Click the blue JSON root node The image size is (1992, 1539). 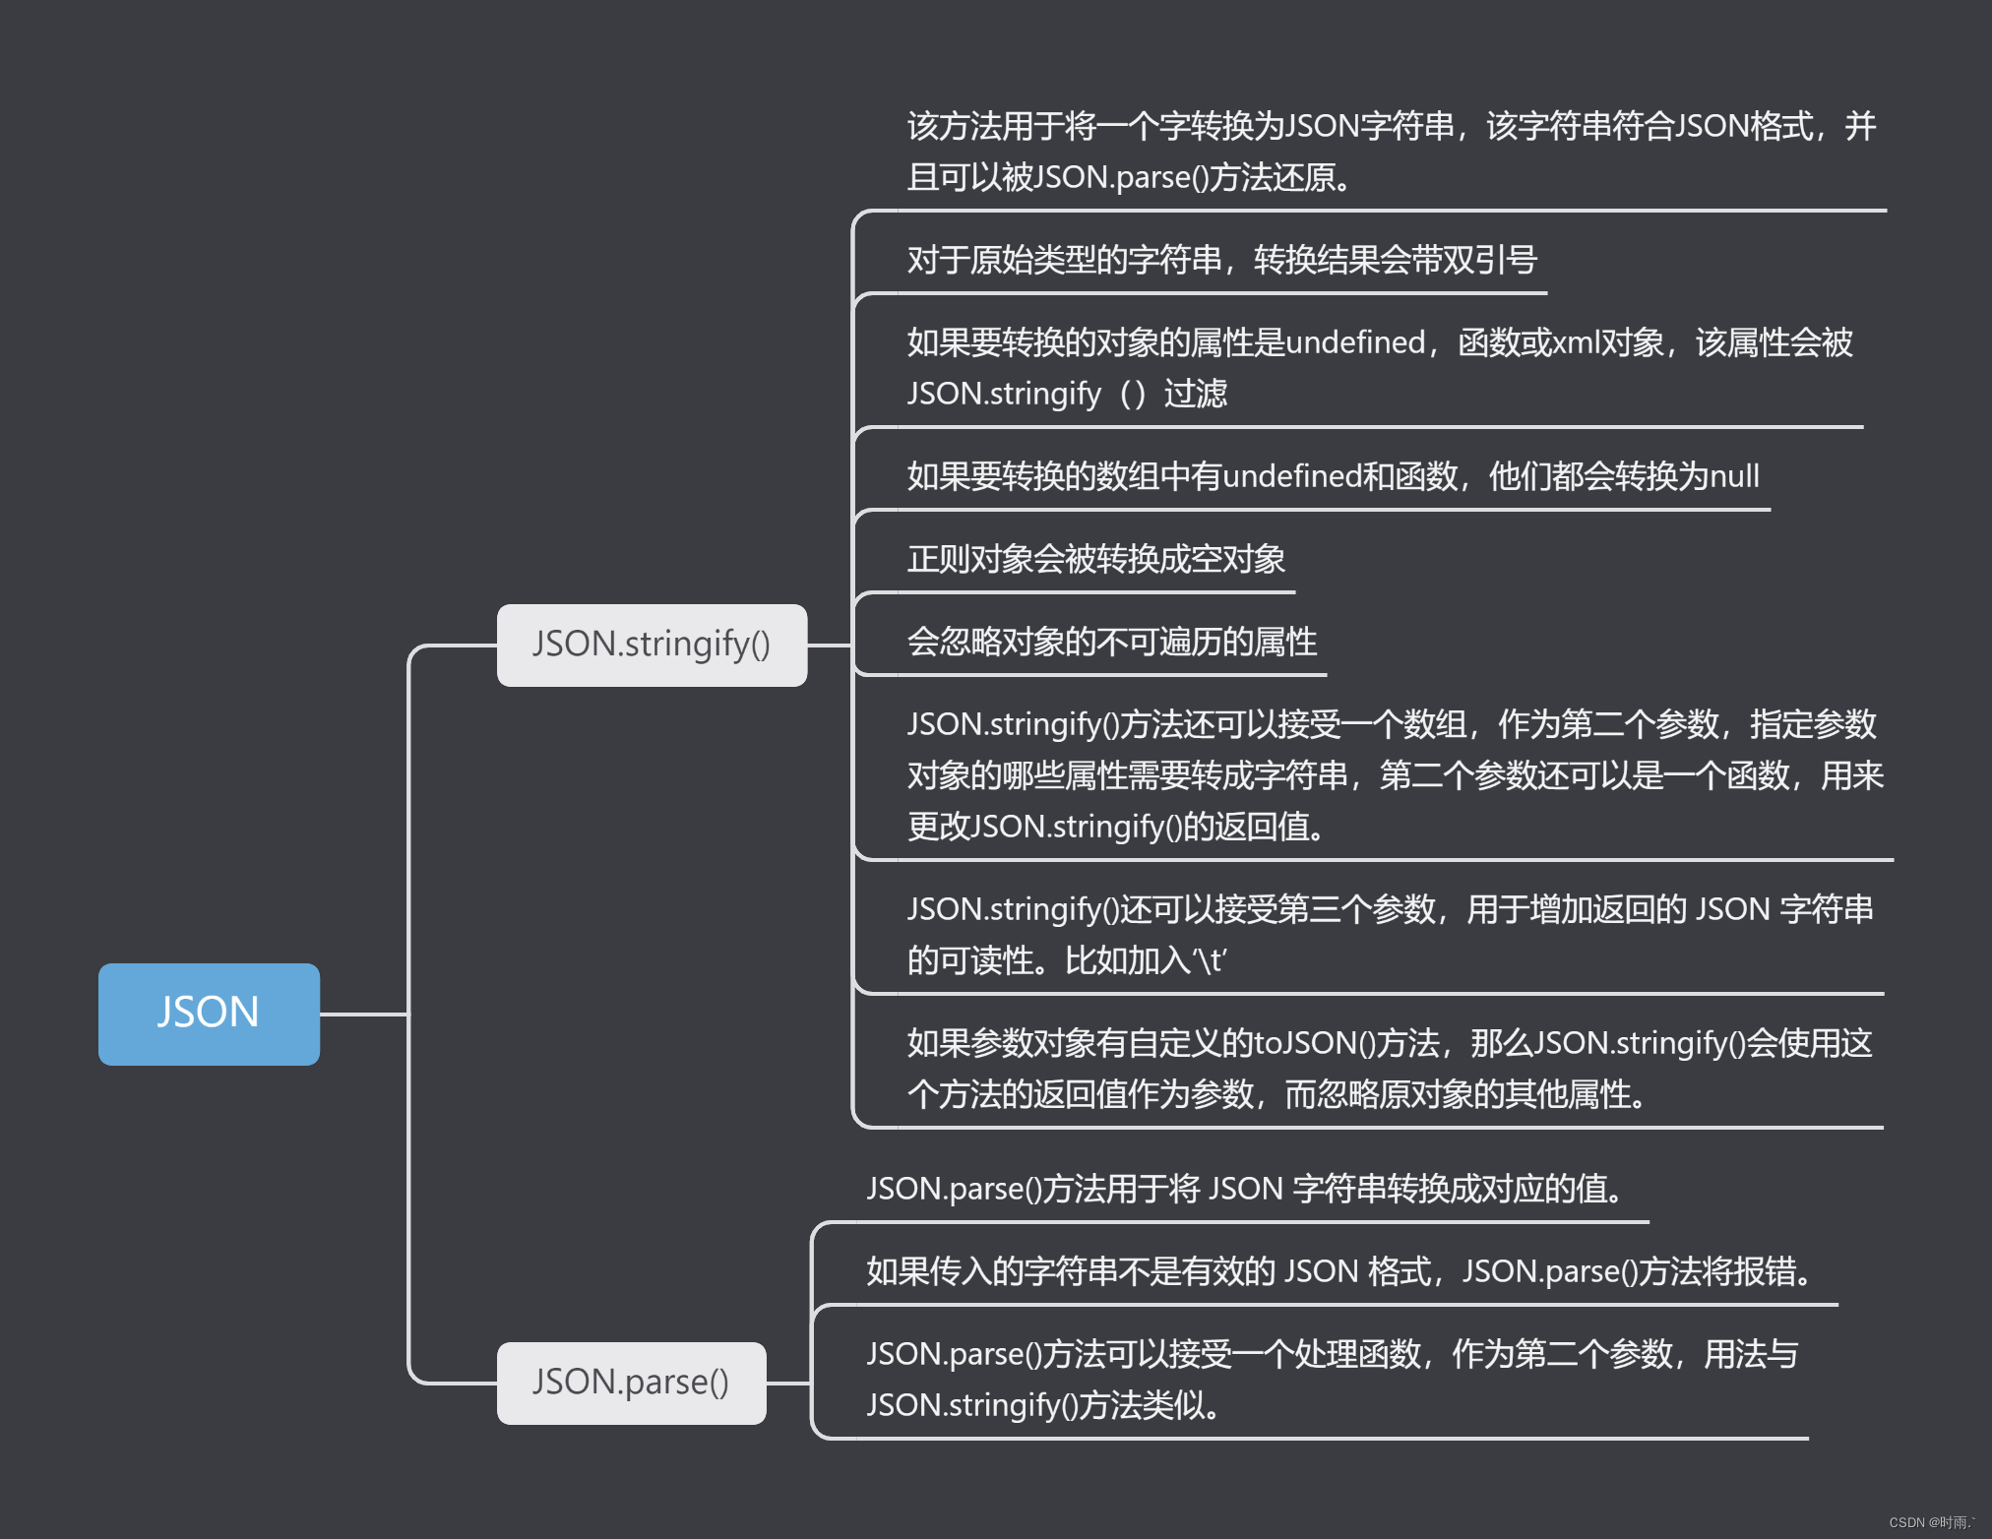209,1014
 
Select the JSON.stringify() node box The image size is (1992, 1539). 652,645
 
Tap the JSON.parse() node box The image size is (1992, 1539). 631,1383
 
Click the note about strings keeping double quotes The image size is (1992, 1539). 1221,260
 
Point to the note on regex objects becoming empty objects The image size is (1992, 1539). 1095,559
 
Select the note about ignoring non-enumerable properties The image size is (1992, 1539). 1111,642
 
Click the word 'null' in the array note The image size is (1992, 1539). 1734,476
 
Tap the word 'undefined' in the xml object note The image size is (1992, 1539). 1355,342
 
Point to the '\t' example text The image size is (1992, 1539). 1210,960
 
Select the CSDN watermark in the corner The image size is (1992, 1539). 1931,1522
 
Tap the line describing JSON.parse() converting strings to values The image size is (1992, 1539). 1244,1189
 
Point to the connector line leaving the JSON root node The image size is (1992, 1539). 362,1014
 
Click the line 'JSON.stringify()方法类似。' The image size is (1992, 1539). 1043,1405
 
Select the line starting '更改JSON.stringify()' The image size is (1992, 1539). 1116,827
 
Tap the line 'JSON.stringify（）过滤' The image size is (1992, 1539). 1067,394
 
